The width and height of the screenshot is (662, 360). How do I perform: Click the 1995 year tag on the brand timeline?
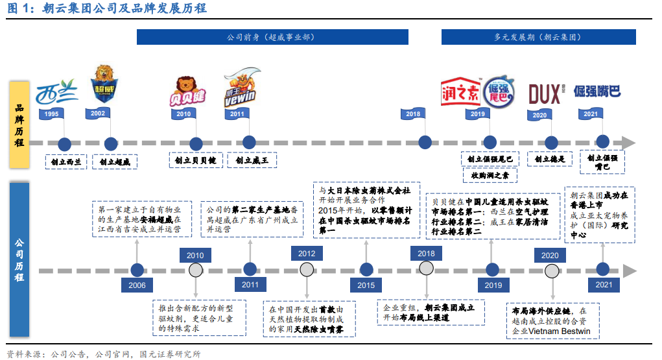[x=53, y=114]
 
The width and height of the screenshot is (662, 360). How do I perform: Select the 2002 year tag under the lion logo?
[x=98, y=114]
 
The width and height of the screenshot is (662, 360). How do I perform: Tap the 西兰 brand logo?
[x=56, y=93]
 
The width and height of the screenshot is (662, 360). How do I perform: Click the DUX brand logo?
[x=544, y=94]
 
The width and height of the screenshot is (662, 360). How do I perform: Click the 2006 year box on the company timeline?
[x=137, y=285]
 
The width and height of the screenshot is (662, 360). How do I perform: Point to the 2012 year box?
[x=307, y=254]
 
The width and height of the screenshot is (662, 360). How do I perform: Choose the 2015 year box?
[x=366, y=285]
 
